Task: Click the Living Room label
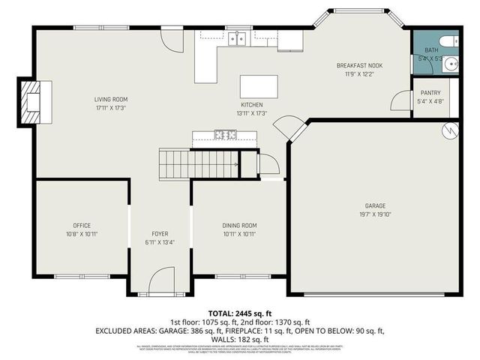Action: pyautogui.click(x=110, y=99)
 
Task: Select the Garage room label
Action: pyautogui.click(x=375, y=205)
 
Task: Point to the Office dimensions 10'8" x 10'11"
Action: pyautogui.click(x=82, y=233)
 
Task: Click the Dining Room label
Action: pyautogui.click(x=239, y=225)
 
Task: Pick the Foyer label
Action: pyautogui.click(x=160, y=232)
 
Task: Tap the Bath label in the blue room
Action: pyautogui.click(x=423, y=49)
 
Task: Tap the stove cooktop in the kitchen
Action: pyautogui.click(x=224, y=135)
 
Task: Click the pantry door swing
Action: pyautogui.click(x=402, y=100)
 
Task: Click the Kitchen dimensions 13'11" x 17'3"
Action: pyautogui.click(x=251, y=113)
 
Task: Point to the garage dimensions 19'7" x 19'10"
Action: pyautogui.click(x=375, y=213)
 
